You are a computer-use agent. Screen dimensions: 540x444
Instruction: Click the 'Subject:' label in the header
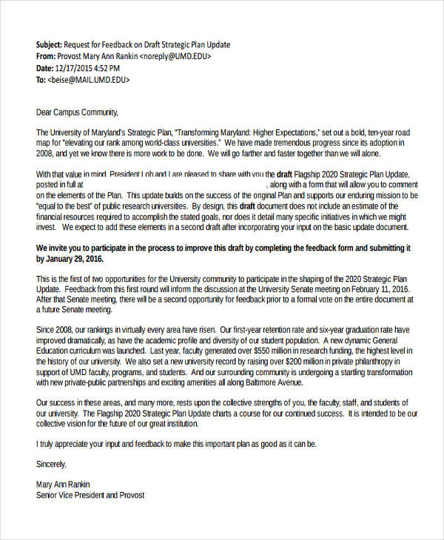(x=50, y=45)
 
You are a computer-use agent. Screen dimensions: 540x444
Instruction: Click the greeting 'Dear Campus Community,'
(x=76, y=113)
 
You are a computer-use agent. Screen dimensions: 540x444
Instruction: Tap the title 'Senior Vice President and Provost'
(x=90, y=496)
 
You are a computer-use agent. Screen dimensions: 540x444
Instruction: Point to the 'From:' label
(x=46, y=56)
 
